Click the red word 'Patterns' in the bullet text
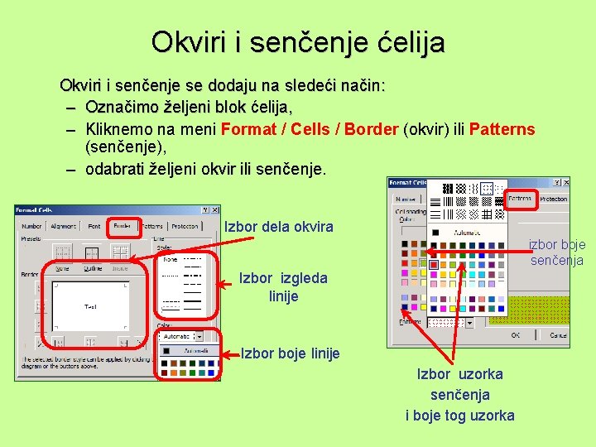pyautogui.click(x=502, y=129)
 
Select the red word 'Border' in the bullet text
pyautogui.click(x=372, y=129)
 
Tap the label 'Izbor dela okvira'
pyautogui.click(x=279, y=227)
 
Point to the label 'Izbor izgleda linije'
pyautogui.click(x=283, y=287)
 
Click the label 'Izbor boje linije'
pyautogui.click(x=290, y=353)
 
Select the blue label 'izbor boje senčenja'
pyautogui.click(x=557, y=252)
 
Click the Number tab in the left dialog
pyautogui.click(x=31, y=226)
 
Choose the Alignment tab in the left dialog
pyautogui.click(x=63, y=226)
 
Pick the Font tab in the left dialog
pyautogui.click(x=94, y=226)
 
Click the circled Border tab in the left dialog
pyautogui.click(x=122, y=226)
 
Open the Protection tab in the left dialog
pyautogui.click(x=185, y=226)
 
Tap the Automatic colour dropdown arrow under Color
pyautogui.click(x=198, y=336)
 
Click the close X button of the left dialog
pyautogui.click(x=215, y=210)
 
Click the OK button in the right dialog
pyautogui.click(x=515, y=335)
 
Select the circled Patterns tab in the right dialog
pyautogui.click(x=520, y=199)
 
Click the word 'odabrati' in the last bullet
pyautogui.click(x=113, y=169)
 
